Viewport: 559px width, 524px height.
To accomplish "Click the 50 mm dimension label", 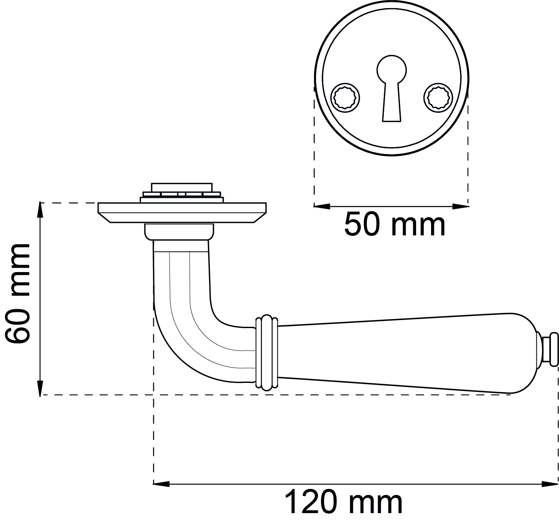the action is coord(395,225).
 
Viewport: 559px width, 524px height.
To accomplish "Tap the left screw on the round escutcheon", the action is coord(345,98).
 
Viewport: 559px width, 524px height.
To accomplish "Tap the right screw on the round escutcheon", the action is coord(438,98).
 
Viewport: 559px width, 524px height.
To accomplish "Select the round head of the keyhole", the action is coord(392,70).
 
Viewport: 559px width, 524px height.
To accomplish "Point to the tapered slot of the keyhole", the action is coord(392,102).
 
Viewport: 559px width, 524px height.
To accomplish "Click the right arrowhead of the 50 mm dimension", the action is coord(461,206).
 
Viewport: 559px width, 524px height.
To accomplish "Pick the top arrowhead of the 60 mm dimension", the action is coord(40,210).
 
